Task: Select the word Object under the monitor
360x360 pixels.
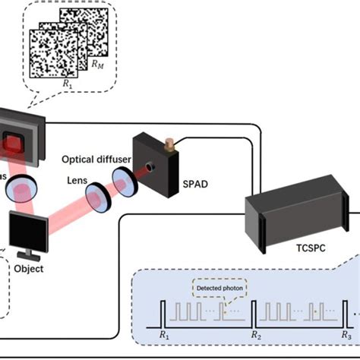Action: coord(30,268)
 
